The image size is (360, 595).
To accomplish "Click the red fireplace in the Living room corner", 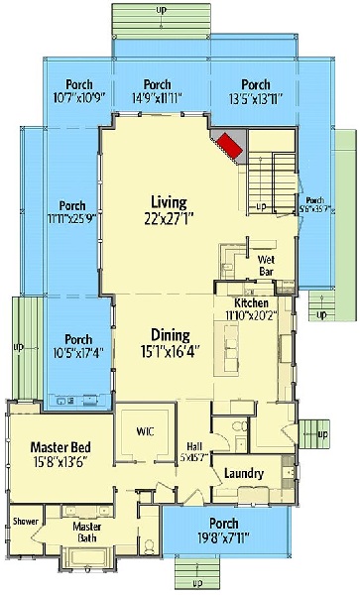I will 231,146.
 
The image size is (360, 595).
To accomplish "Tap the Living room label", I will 169,202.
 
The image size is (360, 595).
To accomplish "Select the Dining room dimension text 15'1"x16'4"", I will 171,350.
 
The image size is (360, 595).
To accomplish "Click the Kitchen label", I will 252,301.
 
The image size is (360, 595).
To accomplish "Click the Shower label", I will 25,521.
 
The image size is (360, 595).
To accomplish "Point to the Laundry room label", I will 243,474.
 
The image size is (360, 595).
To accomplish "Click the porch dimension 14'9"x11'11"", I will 157,98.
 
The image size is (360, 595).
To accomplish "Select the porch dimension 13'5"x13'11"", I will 255,98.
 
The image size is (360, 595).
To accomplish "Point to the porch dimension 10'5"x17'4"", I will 78,353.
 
